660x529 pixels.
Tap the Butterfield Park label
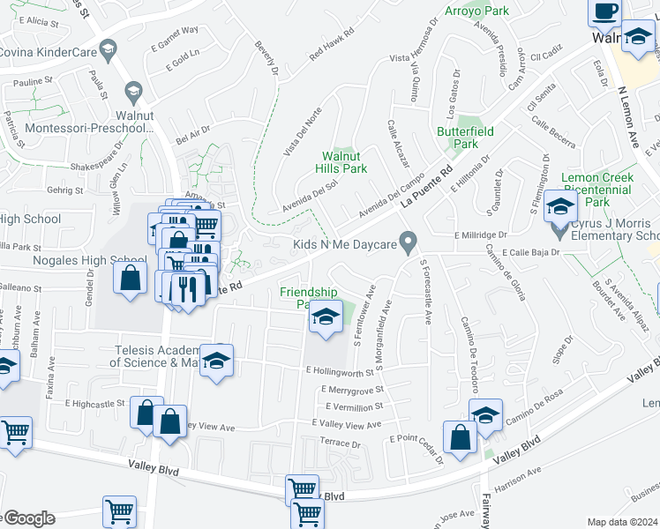coord(458,137)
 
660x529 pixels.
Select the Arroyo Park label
coord(484,11)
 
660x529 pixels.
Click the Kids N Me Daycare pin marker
coord(409,240)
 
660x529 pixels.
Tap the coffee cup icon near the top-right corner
coord(604,11)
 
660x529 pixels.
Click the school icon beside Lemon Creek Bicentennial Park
coord(559,207)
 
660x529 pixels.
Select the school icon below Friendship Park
coord(326,317)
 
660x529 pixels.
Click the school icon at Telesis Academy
coord(216,361)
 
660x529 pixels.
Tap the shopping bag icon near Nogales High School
coord(131,279)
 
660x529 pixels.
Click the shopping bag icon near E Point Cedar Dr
coord(460,437)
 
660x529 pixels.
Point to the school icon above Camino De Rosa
coord(484,415)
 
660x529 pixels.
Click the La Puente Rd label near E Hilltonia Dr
coord(426,186)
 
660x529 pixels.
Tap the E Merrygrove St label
coord(353,389)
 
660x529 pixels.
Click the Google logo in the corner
coord(26,518)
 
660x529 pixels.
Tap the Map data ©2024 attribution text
coord(622,522)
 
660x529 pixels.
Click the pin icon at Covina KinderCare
coord(109,48)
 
